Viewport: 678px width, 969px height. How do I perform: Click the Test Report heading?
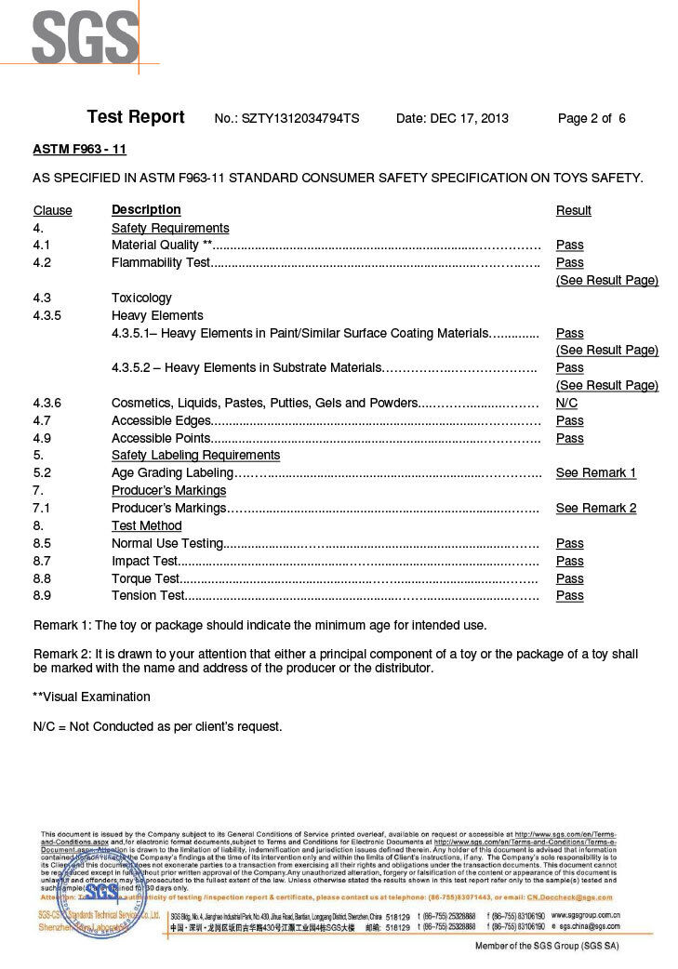tap(136, 117)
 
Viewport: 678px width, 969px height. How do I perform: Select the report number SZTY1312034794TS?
tap(301, 119)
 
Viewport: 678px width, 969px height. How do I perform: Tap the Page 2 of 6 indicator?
tap(592, 119)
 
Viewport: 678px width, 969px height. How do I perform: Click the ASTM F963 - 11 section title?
tap(80, 149)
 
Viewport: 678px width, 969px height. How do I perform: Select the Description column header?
tap(146, 210)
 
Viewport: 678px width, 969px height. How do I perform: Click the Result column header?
tap(573, 211)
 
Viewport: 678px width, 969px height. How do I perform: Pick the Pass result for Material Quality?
tap(569, 246)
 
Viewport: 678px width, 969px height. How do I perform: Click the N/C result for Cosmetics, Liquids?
tap(566, 404)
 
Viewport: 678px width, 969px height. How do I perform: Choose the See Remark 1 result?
tap(595, 473)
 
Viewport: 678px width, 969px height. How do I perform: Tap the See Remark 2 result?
tap(595, 509)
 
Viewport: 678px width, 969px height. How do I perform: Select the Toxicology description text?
tap(141, 299)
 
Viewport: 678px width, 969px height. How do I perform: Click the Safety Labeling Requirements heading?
tap(195, 456)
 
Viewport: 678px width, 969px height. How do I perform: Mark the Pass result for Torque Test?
tap(569, 578)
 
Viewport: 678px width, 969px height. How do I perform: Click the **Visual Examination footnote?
tap(91, 697)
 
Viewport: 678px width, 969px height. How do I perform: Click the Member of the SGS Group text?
tap(547, 946)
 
